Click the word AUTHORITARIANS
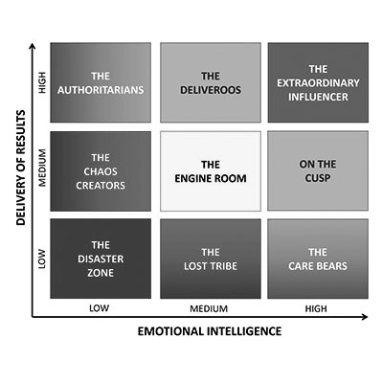point(101,90)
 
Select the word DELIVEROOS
point(211,90)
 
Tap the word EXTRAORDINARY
point(318,83)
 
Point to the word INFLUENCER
point(318,97)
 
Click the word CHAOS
point(101,171)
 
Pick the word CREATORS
point(101,186)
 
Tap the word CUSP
point(318,178)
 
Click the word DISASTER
point(101,259)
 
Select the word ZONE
point(101,273)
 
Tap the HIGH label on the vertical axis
point(42,82)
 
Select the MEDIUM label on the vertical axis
point(42,168)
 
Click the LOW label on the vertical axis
point(42,259)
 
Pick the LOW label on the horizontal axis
point(100,308)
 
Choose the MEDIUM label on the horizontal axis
point(209,309)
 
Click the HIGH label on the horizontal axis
point(316,309)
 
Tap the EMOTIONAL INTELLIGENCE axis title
point(210,331)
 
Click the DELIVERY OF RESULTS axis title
point(21,168)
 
